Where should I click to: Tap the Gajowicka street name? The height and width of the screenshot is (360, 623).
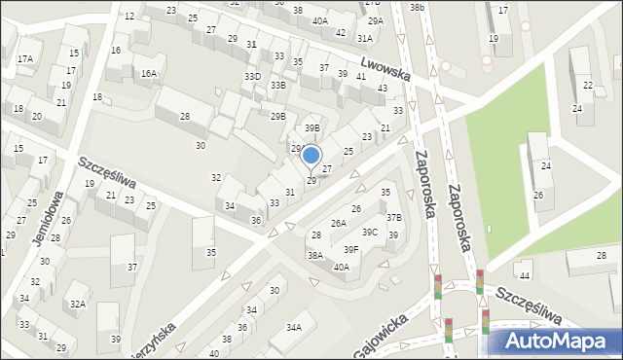(382, 342)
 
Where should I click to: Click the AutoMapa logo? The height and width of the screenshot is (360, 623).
(556, 342)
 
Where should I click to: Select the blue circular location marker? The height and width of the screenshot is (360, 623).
(311, 155)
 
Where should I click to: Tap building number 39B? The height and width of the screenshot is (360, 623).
(311, 127)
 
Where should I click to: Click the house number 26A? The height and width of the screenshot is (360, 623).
(338, 223)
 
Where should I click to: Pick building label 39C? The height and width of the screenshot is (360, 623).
(370, 232)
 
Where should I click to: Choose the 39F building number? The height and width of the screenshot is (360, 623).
(350, 249)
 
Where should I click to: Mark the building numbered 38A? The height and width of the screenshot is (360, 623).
(315, 255)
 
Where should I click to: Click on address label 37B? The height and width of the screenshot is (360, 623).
(393, 218)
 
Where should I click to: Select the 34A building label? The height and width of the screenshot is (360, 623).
(293, 328)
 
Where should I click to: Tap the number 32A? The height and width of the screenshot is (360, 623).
(78, 305)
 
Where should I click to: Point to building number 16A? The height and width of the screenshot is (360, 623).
(148, 73)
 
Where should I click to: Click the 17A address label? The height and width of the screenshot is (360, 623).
(25, 58)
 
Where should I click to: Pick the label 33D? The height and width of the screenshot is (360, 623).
(252, 76)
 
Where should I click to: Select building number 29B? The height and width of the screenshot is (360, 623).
(277, 116)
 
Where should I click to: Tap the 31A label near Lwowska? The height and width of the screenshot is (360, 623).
(364, 38)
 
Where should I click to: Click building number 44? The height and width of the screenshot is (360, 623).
(525, 264)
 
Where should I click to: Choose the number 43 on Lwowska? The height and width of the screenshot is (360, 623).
(382, 89)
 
